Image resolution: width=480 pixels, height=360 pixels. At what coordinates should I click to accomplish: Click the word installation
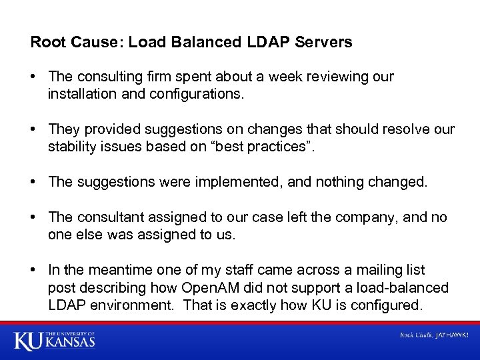click(x=81, y=95)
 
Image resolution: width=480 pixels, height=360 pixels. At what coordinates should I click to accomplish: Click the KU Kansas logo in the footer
click(x=55, y=340)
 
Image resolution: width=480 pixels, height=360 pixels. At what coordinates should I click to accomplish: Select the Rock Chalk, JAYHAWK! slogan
click(x=433, y=335)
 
